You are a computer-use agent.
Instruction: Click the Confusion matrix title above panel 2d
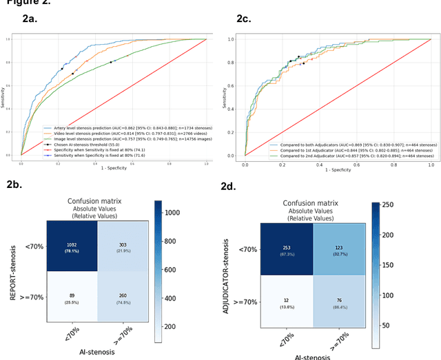coord(316,203)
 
